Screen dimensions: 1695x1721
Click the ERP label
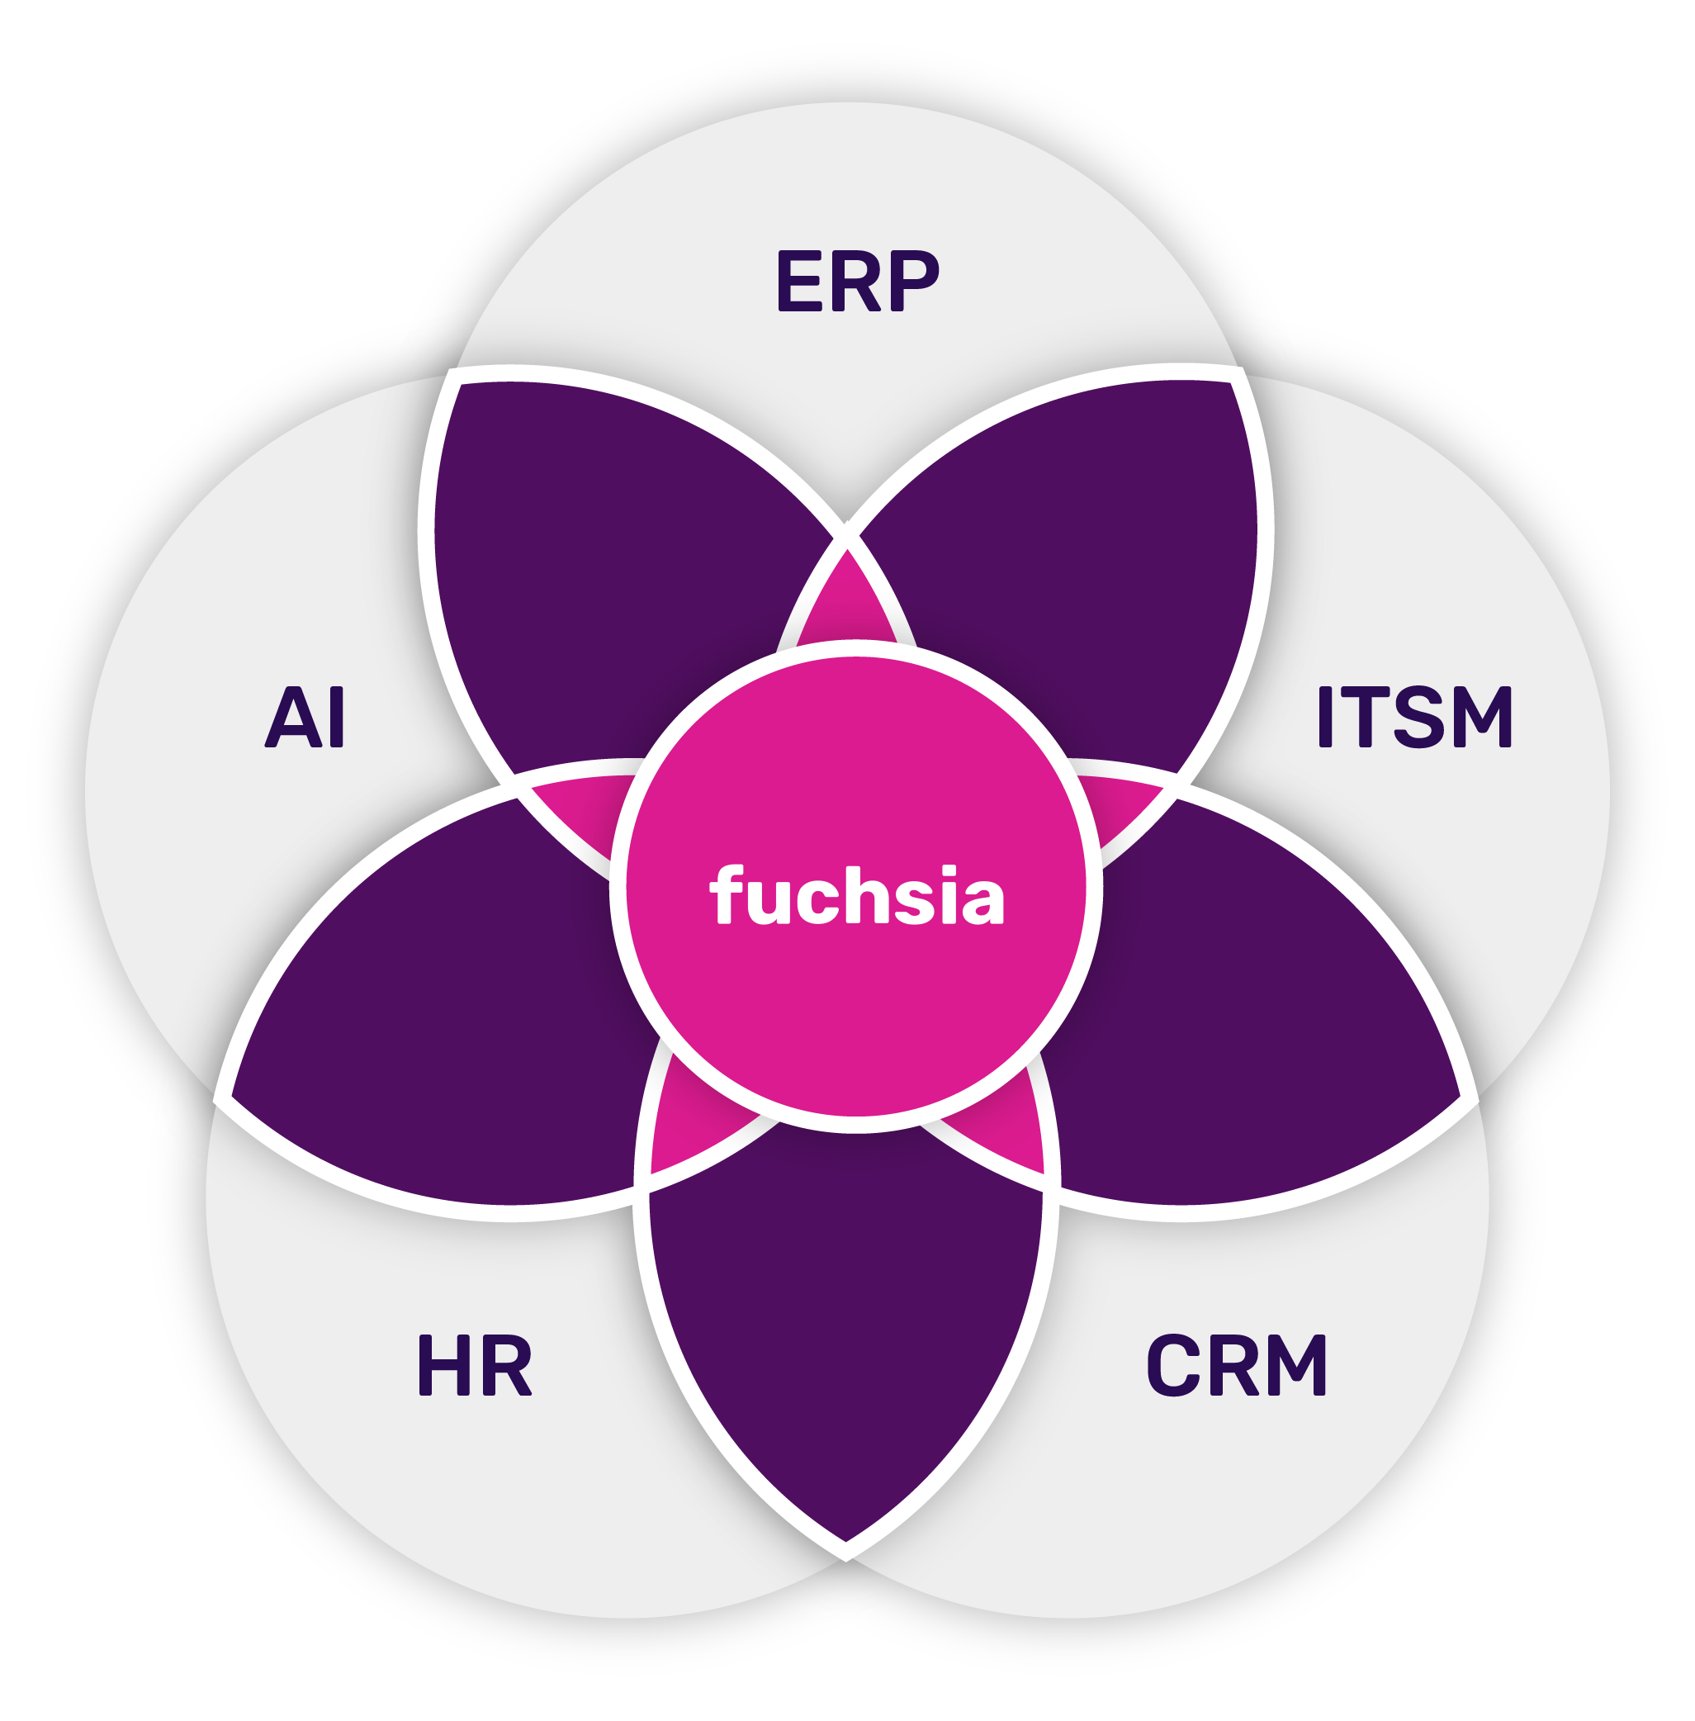click(858, 281)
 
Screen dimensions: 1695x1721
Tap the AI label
click(305, 716)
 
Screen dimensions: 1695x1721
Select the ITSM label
click(1414, 716)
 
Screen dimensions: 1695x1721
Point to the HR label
click(475, 1364)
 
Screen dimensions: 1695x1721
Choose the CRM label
click(1237, 1364)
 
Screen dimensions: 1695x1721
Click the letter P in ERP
click(915, 281)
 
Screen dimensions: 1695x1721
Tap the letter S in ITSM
click(1415, 716)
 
